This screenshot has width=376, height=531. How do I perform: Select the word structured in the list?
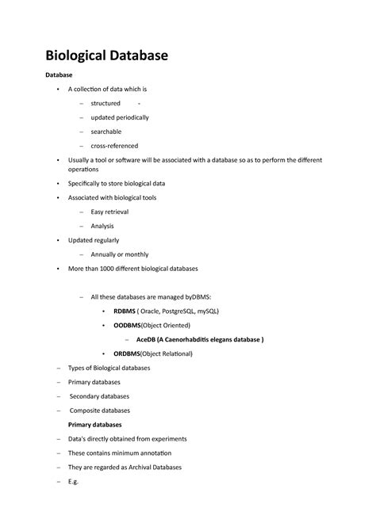106,103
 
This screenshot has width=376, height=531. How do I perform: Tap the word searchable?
106,132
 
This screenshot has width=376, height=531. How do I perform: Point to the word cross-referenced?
114,146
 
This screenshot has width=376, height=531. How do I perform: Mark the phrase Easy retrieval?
109,212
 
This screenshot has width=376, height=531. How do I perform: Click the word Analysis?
102,226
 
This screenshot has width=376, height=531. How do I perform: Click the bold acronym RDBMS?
125,311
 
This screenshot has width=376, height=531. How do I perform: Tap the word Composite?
86,411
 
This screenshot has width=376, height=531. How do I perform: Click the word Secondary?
86,396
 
